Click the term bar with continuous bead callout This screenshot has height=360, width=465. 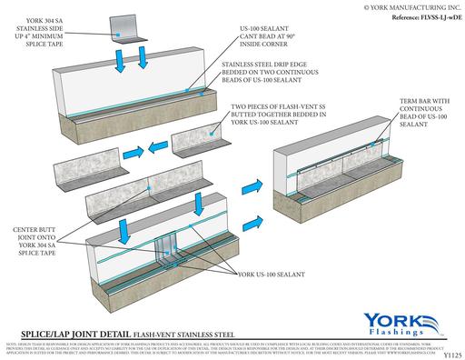click(419, 116)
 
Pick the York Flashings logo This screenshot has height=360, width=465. click(399, 323)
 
